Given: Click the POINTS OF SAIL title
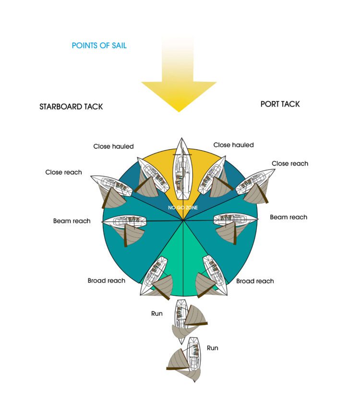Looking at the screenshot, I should pyautogui.click(x=99, y=46).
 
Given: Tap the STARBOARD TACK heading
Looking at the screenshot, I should pyautogui.click(x=71, y=107).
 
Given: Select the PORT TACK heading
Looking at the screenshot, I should pyautogui.click(x=280, y=104).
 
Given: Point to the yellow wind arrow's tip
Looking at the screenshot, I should pyautogui.click(x=179, y=111).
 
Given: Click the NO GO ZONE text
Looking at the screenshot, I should pyautogui.click(x=183, y=207).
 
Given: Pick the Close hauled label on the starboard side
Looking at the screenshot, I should pyautogui.click(x=113, y=146).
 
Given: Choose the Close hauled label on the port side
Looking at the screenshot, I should pyautogui.click(x=233, y=145).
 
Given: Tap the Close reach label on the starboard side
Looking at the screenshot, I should pyautogui.click(x=63, y=172).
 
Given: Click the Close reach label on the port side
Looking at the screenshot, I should pyautogui.click(x=290, y=164).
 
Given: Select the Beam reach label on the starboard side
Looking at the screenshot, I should pyautogui.click(x=72, y=221).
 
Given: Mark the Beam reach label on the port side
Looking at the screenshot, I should pyautogui.click(x=288, y=217).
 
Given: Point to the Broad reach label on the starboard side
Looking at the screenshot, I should pyautogui.click(x=107, y=281).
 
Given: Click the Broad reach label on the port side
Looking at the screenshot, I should pyautogui.click(x=255, y=281).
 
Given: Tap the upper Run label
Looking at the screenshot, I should pyautogui.click(x=157, y=313).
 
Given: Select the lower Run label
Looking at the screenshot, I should pyautogui.click(x=212, y=348).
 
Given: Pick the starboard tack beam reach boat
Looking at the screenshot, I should pyautogui.click(x=124, y=221).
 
